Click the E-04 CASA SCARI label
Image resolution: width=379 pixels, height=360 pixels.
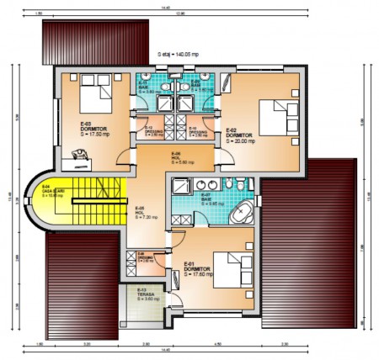click(51, 192)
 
